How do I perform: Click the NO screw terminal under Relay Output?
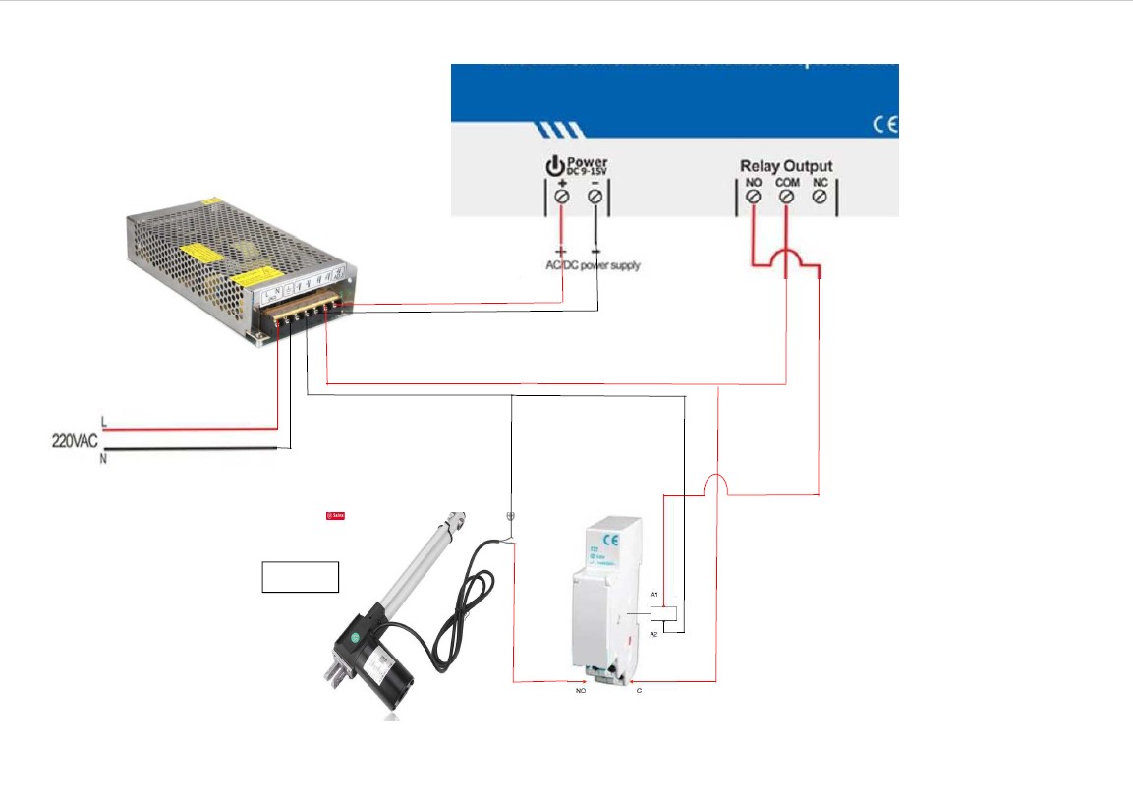coord(753,197)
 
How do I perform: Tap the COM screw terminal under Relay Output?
coord(786,197)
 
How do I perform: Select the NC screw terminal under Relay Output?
coord(820,197)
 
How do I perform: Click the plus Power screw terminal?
coord(562,197)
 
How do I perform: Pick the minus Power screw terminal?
coord(595,197)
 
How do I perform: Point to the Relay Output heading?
coord(786,166)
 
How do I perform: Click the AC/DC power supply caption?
coord(593,265)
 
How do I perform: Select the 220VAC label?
coord(75,441)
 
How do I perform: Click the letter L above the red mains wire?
coord(104,424)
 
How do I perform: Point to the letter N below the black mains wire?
coord(103,460)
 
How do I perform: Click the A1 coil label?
coord(654,596)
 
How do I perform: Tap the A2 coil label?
coord(654,635)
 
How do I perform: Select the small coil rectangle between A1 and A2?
coord(663,614)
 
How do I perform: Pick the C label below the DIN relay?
coord(639,692)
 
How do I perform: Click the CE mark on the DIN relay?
coord(610,540)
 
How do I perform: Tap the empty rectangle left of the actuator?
coord(301,577)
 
